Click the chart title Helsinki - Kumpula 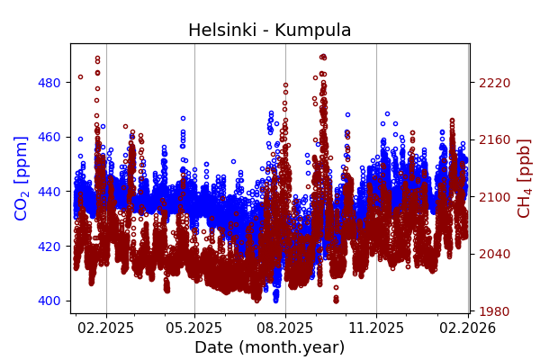(269, 31)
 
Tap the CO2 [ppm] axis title (22, 178)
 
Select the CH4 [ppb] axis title (524, 178)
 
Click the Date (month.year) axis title (269, 347)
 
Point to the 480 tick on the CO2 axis (49, 83)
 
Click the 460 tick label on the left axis (49, 137)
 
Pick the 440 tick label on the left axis (49, 192)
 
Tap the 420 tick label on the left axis (49, 246)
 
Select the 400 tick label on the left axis (49, 301)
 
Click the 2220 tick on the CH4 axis (494, 83)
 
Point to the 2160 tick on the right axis (494, 139)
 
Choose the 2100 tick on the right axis (494, 197)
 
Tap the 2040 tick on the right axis (494, 254)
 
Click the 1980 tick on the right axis (494, 311)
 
